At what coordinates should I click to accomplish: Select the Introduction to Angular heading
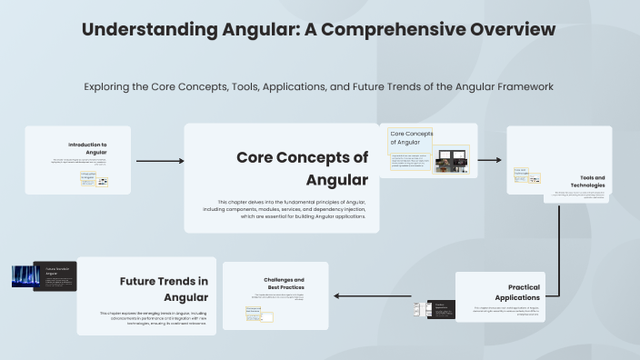click(88, 148)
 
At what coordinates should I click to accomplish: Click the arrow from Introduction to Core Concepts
click(159, 161)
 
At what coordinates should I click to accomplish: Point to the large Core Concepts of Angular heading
click(303, 167)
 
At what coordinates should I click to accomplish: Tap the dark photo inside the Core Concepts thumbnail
click(451, 161)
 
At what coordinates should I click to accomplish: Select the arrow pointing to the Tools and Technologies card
click(489, 160)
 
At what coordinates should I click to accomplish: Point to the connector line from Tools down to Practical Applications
click(558, 245)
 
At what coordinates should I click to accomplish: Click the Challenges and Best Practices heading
click(284, 284)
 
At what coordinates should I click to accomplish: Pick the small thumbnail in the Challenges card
click(254, 314)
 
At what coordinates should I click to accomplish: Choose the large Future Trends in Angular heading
click(164, 289)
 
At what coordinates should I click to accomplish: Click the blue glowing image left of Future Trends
click(25, 276)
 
